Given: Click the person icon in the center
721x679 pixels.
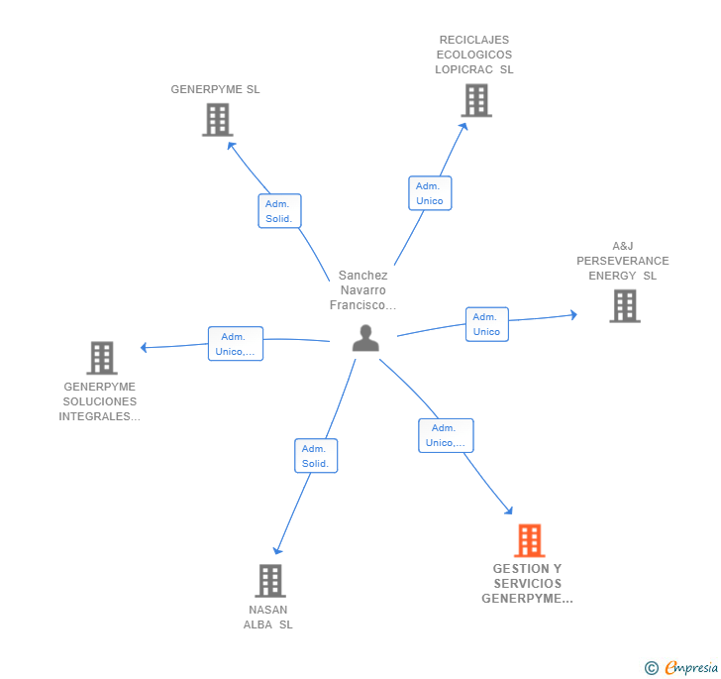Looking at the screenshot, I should tap(365, 338).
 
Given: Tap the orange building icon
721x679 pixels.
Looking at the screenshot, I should tap(530, 540).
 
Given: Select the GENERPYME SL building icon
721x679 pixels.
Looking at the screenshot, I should tap(217, 119).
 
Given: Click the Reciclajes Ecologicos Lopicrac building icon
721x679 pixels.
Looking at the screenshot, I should tap(475, 100).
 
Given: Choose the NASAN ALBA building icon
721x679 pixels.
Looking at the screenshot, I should tap(269, 580).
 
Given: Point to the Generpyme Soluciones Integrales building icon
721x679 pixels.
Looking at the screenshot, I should tap(101, 357).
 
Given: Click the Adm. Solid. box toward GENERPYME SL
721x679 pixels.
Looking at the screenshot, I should tap(279, 210).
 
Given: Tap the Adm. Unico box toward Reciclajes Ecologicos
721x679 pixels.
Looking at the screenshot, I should tap(430, 193).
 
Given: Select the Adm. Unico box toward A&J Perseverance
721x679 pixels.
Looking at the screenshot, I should tap(486, 324).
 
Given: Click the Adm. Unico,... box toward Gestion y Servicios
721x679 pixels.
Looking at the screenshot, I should tap(446, 435).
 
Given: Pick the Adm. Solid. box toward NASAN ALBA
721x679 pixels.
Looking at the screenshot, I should tap(316, 456).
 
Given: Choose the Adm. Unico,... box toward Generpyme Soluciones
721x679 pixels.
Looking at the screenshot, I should tap(235, 343).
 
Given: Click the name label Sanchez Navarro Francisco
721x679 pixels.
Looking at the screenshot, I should tap(362, 290).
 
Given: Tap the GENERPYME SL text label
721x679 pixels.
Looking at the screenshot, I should tap(215, 89).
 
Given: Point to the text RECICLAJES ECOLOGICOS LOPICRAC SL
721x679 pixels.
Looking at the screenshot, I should tap(474, 55).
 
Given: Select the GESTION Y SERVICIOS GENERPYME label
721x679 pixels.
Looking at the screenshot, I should tap(527, 584).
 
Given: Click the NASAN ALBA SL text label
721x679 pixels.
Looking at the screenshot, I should tap(268, 617).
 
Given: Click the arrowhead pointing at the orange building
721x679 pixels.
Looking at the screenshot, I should tap(509, 510).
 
